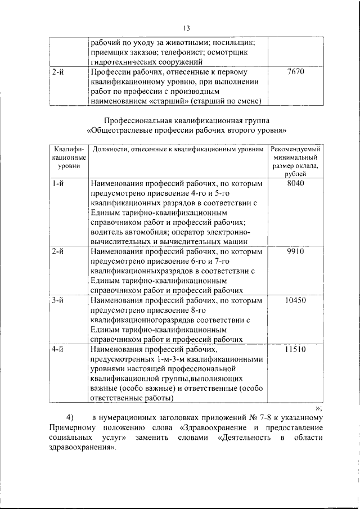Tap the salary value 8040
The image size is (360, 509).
tap(295, 184)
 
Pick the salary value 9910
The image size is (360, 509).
tap(295, 251)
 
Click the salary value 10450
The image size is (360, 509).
tap(295, 300)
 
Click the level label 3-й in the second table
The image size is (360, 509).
tap(57, 300)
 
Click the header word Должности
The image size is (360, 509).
tap(110, 149)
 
